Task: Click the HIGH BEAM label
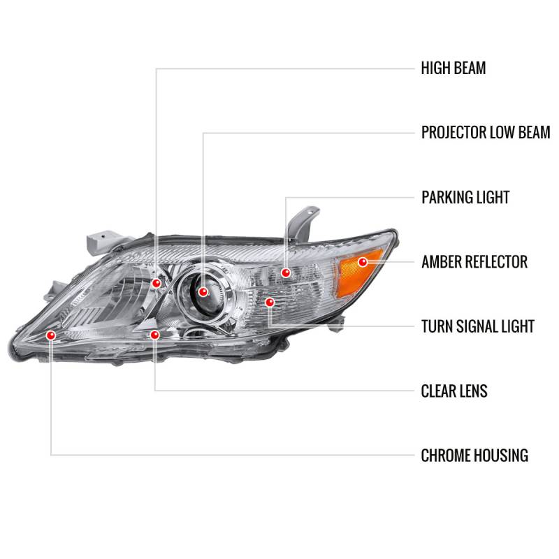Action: click(453, 68)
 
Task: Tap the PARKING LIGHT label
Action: click(465, 197)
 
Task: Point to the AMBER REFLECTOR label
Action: click(474, 262)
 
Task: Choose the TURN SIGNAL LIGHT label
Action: click(477, 326)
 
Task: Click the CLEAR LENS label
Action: click(454, 391)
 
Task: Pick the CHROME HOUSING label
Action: click(474, 456)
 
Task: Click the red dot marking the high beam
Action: click(157, 282)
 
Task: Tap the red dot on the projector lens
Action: click(202, 291)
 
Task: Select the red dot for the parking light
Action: click(286, 272)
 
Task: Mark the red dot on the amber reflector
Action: click(362, 262)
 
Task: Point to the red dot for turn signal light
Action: click(270, 302)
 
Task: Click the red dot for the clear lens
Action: click(154, 335)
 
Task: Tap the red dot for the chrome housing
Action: click(51, 335)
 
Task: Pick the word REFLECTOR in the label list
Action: click(497, 262)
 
